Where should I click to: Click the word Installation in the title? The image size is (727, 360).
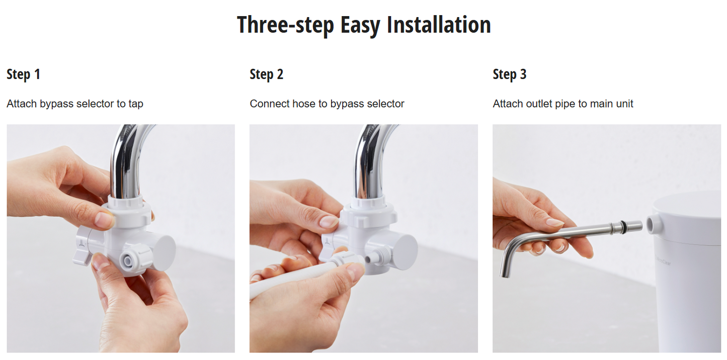coord(439,25)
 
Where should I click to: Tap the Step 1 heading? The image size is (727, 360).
coord(23,74)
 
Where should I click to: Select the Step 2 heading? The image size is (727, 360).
coord(266,74)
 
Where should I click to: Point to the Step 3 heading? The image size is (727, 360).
coord(510,74)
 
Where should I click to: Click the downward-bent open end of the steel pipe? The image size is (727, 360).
coord(505,274)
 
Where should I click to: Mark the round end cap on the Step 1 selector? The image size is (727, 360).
coord(164,252)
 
